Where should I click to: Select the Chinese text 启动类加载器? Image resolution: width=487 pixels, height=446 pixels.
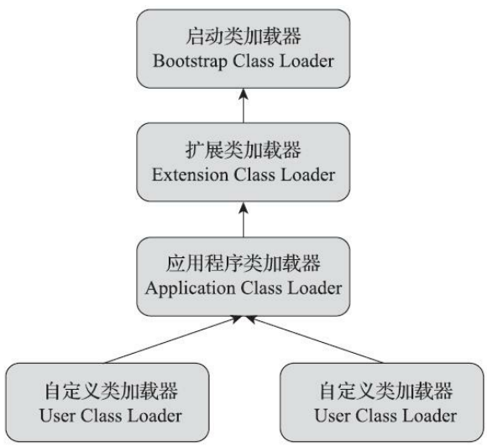tap(243, 38)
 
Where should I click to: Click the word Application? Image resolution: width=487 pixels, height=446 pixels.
tap(184, 288)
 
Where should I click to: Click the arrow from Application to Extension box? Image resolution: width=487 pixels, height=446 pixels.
tap(243, 219)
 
